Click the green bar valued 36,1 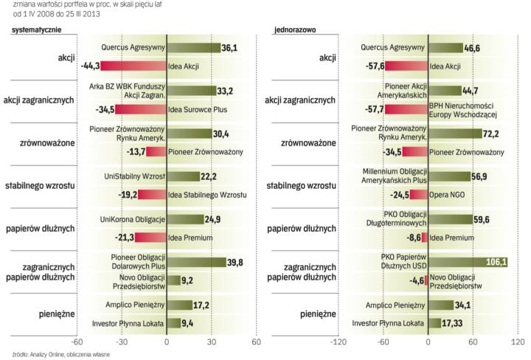point(194,47)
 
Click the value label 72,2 point(491,134)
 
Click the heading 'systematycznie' point(35,30)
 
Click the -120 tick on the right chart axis point(339,342)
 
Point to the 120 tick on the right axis point(517,342)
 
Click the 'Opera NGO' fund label point(448,195)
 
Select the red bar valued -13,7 point(156,152)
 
